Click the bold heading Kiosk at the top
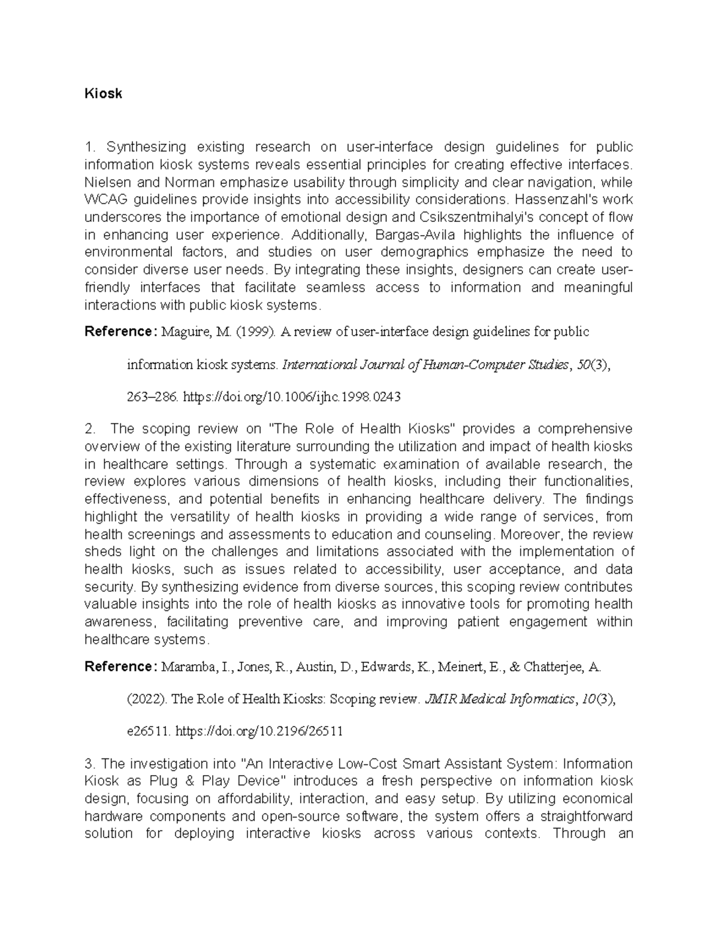pyautogui.click(x=103, y=94)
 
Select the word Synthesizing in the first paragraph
pyautogui.click(x=146, y=147)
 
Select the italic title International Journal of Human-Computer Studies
pyautogui.click(x=424, y=364)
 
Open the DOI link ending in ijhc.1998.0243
pyautogui.click(x=291, y=397)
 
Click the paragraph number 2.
pyautogui.click(x=90, y=429)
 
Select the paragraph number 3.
pyautogui.click(x=90, y=764)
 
